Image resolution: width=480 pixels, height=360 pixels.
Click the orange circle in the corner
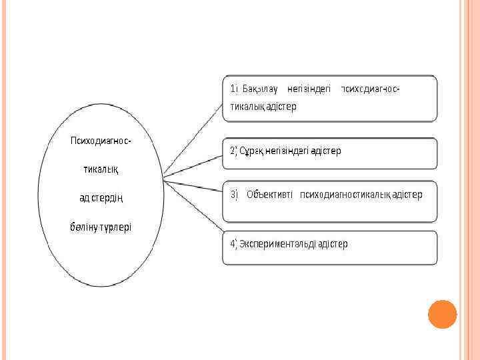tap(442, 314)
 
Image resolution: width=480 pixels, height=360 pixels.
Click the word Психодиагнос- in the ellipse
tap(101, 141)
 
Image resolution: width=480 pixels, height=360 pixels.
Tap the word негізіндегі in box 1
tap(309, 89)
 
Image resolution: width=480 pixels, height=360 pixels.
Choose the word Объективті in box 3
tap(270, 195)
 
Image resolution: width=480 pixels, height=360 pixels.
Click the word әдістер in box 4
tap(333, 243)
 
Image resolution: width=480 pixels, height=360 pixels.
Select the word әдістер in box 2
tap(325, 151)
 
